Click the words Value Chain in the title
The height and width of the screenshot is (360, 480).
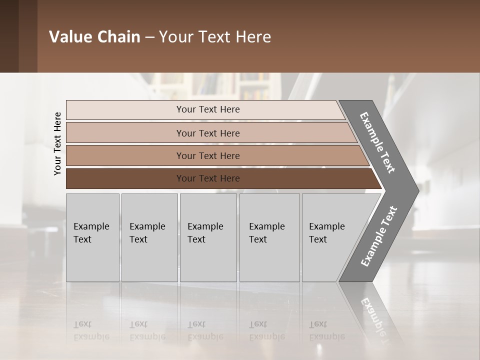pyautogui.click(x=94, y=37)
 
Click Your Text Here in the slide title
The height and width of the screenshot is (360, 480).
pyautogui.click(x=215, y=37)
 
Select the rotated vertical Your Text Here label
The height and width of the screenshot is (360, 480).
pyautogui.click(x=57, y=143)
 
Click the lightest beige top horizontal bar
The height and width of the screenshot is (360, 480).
pyautogui.click(x=125, y=110)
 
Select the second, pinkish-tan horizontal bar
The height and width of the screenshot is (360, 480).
pyautogui.click(x=125, y=133)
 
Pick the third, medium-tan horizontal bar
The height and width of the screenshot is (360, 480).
pyautogui.click(x=125, y=155)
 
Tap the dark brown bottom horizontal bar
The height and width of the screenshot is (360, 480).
pyautogui.click(x=125, y=178)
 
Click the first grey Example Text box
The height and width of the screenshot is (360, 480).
pyautogui.click(x=92, y=237)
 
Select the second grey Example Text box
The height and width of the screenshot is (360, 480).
pyautogui.click(x=149, y=237)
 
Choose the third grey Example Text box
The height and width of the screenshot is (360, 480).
pyautogui.click(x=208, y=237)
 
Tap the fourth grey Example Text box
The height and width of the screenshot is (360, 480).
pyautogui.click(x=269, y=237)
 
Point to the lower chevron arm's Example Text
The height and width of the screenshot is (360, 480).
pyautogui.click(x=379, y=236)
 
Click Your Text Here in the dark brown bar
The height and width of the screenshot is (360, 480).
pyautogui.click(x=208, y=178)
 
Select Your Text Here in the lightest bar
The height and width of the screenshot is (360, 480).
pyautogui.click(x=208, y=109)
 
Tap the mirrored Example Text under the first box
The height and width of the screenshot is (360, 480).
pyautogui.click(x=91, y=330)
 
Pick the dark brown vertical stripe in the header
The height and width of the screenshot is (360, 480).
pyautogui.click(x=28, y=36)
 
